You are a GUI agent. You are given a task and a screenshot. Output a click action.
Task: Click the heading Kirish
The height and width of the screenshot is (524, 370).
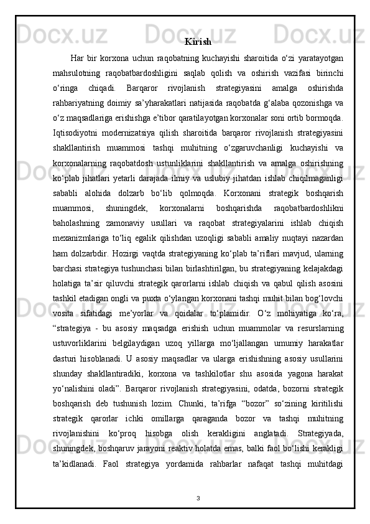[198, 42]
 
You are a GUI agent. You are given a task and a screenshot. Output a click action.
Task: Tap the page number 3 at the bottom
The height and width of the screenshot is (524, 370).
[197, 498]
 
